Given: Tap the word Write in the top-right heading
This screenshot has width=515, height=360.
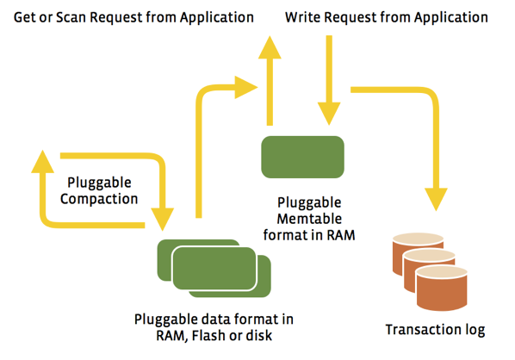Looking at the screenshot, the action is tap(303, 17).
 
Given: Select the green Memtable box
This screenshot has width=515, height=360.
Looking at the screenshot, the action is tap(302, 157).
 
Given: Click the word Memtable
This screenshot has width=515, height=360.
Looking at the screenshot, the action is tap(309, 219).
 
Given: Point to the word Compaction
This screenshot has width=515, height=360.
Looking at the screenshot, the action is tap(99, 199).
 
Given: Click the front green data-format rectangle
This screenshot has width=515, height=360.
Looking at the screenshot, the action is tap(214, 269).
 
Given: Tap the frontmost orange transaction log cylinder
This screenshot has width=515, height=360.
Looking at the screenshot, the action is tap(442, 289).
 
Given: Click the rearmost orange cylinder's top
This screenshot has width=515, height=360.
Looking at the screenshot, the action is tap(418, 239).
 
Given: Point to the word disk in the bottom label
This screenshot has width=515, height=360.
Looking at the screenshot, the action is tap(259, 335).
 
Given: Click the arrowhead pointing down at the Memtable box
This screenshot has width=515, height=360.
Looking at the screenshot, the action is tap(329, 114).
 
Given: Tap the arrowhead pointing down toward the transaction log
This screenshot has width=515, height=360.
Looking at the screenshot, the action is tap(436, 199).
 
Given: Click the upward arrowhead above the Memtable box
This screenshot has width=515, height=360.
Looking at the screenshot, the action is tap(270, 47).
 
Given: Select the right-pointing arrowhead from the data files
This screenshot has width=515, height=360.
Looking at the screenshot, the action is tap(246, 87).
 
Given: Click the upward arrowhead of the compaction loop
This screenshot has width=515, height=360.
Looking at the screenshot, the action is tap(42, 161).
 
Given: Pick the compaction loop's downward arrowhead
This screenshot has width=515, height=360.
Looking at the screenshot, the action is tap(162, 220).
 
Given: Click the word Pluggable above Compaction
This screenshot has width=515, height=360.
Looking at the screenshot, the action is tap(99, 183).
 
